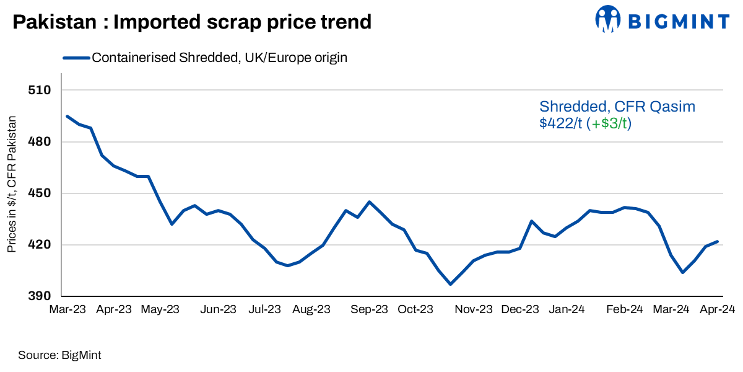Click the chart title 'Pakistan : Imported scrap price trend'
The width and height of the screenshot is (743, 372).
pyautogui.click(x=192, y=22)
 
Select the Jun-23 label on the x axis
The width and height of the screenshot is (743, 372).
pyautogui.click(x=219, y=309)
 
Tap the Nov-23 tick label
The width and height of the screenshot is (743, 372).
pyautogui.click(x=474, y=309)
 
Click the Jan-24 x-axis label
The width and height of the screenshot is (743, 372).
pyautogui.click(x=567, y=309)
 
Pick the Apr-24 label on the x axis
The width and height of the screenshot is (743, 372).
pyautogui.click(x=717, y=309)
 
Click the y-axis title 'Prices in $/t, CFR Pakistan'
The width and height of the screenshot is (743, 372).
pyautogui.click(x=12, y=185)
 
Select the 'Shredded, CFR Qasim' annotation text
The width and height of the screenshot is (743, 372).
pyautogui.click(x=617, y=107)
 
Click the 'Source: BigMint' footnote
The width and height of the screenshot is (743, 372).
pyautogui.click(x=59, y=355)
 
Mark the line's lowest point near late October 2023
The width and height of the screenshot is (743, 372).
pyautogui.click(x=450, y=284)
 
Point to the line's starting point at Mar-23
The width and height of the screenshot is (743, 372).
pyautogui.click(x=67, y=116)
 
